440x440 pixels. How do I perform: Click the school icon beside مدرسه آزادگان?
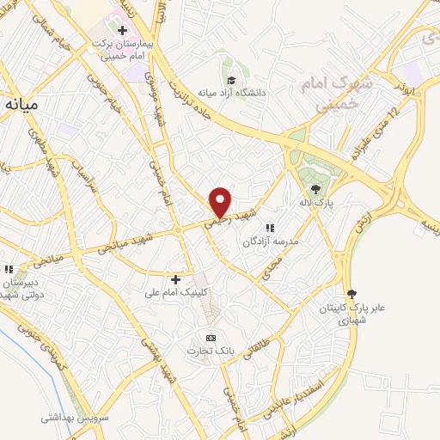(269, 229)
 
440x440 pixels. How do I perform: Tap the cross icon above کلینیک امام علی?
(175, 279)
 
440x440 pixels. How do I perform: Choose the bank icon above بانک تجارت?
(211, 337)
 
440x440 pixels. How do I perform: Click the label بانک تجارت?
(210, 351)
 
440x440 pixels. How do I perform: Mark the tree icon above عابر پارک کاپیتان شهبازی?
(350, 293)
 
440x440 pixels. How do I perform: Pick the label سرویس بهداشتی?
(72, 419)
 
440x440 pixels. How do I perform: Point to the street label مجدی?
(272, 270)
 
